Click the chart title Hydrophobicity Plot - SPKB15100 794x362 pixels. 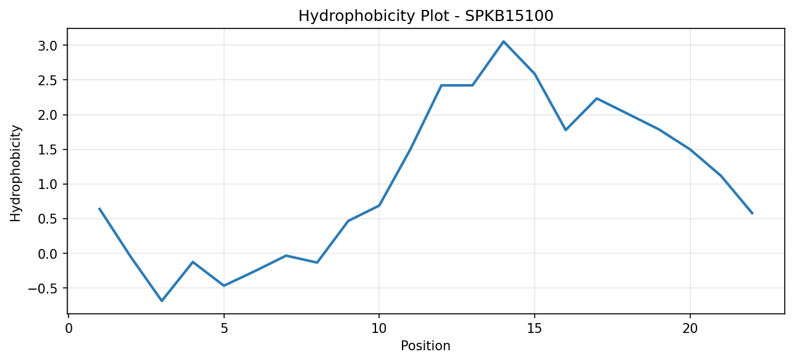tap(426, 16)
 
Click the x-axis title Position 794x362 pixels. tap(425, 346)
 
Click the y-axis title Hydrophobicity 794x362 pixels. tap(15, 174)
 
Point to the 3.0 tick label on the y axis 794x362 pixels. tap(48, 46)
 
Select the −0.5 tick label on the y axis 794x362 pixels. tap(43, 288)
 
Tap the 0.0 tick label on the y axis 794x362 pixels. tap(48, 254)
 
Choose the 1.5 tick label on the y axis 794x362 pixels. tap(48, 150)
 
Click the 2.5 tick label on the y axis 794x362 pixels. tap(48, 80)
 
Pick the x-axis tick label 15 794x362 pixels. tap(535, 329)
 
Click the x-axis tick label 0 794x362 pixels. tap(69, 329)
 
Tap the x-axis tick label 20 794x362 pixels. tap(690, 329)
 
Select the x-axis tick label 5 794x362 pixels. tap(224, 329)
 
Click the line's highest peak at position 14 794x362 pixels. tap(503, 41)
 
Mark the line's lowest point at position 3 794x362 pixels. tap(162, 301)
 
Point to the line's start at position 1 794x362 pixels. tap(99, 208)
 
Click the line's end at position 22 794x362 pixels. tap(752, 214)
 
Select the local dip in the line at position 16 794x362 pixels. tap(566, 130)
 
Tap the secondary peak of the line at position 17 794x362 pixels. tap(597, 98)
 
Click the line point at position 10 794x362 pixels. tap(379, 206)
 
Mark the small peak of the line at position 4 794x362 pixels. tap(193, 262)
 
